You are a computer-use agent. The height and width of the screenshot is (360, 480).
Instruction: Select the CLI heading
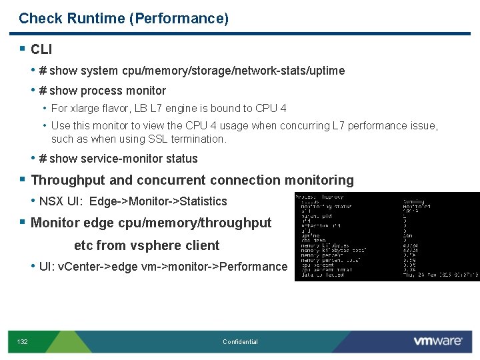coord(41,49)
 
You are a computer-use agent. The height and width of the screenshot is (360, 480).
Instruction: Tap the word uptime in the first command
coord(327,71)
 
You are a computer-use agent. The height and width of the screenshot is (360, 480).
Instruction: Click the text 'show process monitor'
coord(107,91)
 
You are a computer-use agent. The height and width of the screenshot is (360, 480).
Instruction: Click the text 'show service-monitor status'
coord(123,159)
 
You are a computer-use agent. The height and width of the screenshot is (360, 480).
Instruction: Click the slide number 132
coord(22,342)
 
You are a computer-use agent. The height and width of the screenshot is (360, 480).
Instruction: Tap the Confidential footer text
coord(240,342)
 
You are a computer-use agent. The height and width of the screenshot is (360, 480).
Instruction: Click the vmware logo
coord(437,341)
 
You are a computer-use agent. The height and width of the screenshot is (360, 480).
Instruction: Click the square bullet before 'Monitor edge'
coord(23,223)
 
